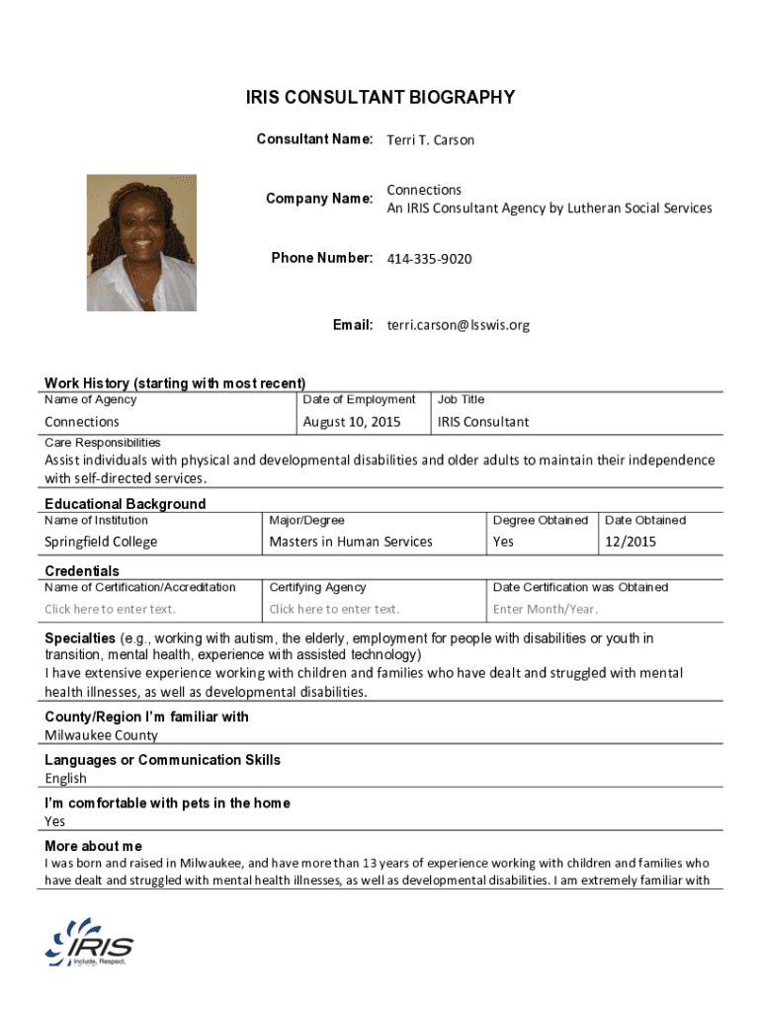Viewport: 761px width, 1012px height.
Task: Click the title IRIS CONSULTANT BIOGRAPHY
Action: click(380, 97)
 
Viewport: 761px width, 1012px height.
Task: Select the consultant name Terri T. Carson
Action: click(430, 140)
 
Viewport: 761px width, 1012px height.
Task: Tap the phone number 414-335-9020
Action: click(429, 259)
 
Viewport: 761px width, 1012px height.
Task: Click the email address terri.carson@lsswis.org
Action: click(458, 324)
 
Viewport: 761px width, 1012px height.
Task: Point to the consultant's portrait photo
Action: click(141, 243)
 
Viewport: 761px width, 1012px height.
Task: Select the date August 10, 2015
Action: click(352, 422)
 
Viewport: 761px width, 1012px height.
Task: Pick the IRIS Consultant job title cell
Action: click(483, 422)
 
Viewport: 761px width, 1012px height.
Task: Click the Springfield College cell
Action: click(101, 542)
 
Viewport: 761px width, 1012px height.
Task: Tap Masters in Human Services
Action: click(351, 542)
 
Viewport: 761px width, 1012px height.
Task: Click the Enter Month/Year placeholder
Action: click(546, 609)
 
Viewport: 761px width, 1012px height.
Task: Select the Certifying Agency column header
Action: click(317, 587)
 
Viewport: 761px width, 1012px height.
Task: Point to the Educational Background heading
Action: click(126, 504)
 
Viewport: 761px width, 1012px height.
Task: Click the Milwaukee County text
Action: click(101, 735)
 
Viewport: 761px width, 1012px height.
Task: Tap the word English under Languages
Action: click(65, 779)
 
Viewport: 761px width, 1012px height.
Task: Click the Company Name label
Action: click(318, 199)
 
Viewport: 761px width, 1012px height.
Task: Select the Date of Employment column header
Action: click(359, 399)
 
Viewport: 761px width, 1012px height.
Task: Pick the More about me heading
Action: click(93, 847)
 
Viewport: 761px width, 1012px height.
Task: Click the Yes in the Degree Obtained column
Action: click(504, 542)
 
